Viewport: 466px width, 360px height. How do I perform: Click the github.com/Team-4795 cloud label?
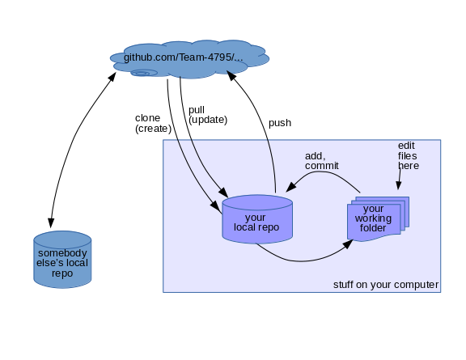tap(183, 57)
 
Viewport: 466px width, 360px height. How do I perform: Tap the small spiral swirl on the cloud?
tap(145, 73)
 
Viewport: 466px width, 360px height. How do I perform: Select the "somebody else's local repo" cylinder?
tap(62, 260)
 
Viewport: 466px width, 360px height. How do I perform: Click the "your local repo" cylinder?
tap(257, 219)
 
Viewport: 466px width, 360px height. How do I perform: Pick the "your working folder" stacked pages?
tap(378, 218)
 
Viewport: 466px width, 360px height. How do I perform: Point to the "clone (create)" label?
tap(153, 123)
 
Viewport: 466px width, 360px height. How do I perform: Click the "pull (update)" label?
tap(208, 115)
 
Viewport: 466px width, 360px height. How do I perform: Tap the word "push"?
tap(280, 123)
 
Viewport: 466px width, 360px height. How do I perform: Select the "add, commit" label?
tap(321, 161)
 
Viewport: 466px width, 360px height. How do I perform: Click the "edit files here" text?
tap(409, 156)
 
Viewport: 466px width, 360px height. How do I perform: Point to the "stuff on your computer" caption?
tap(386, 285)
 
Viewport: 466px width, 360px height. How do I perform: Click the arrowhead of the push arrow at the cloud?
tap(231, 75)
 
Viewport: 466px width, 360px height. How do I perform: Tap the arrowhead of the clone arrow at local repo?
tap(216, 207)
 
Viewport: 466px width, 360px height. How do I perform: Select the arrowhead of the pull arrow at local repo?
tap(223, 192)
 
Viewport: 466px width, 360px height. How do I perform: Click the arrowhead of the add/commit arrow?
tap(290, 187)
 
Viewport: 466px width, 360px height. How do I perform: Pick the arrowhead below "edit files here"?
tap(399, 185)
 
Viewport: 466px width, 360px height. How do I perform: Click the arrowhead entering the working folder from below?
tap(348, 244)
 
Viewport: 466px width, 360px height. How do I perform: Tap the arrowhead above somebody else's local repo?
tap(51, 222)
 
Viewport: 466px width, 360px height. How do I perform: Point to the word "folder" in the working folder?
tap(373, 228)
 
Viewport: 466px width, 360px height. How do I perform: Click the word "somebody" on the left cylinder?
tap(62, 253)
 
